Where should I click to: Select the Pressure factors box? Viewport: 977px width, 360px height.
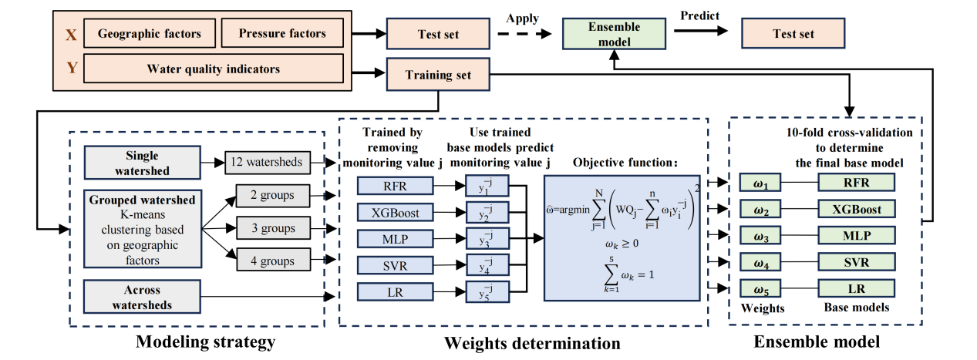click(281, 34)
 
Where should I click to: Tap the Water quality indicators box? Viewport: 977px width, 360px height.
click(214, 69)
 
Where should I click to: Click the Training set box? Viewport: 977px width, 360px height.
click(438, 76)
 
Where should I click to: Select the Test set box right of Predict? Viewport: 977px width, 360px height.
click(793, 35)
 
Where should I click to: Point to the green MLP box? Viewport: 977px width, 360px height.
click(856, 235)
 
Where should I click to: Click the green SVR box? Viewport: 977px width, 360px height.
click(856, 262)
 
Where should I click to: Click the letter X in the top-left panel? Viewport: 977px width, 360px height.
click(71, 34)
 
